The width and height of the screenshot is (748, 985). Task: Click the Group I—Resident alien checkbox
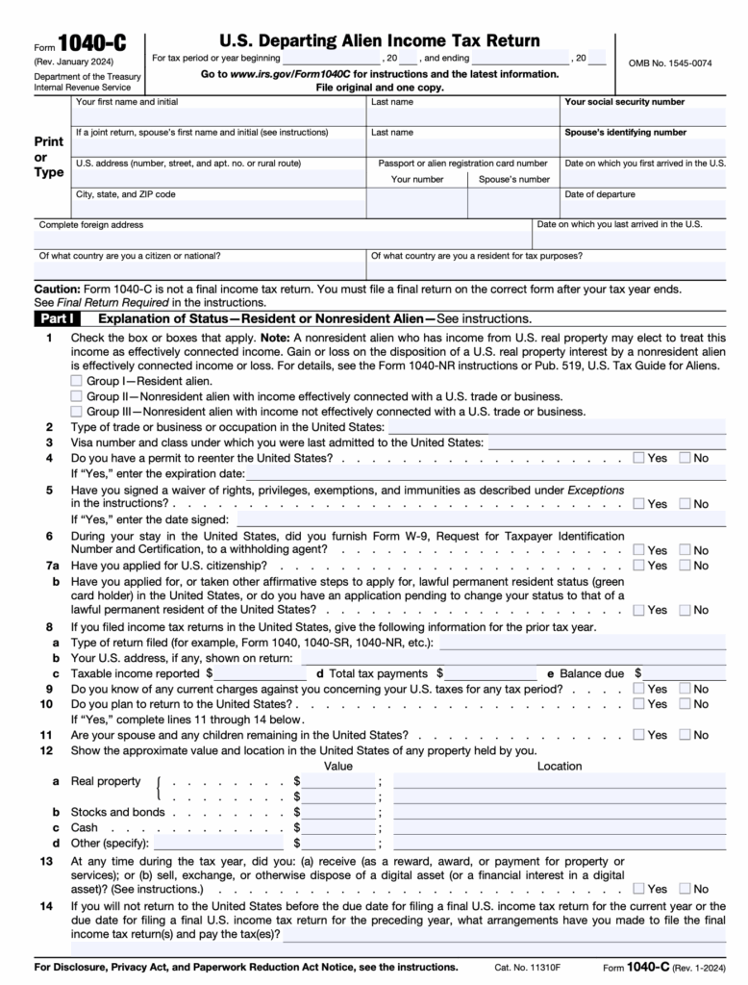pos(77,381)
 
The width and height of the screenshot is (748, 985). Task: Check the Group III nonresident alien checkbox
pos(77,411)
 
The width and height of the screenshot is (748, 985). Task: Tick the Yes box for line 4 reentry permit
pos(639,458)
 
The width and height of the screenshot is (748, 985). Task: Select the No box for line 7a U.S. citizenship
pos(685,566)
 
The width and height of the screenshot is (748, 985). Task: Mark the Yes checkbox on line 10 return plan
pos(639,704)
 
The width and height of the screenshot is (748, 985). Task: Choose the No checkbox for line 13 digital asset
pos(685,889)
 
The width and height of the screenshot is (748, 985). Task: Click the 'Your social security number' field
pos(643,117)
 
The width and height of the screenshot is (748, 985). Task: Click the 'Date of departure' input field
pos(643,210)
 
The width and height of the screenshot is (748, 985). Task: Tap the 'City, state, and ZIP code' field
pos(218,210)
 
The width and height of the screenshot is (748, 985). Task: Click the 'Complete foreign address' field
pos(283,240)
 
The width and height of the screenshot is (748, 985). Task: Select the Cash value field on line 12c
pos(339,828)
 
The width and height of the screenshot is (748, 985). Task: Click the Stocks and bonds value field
pos(339,813)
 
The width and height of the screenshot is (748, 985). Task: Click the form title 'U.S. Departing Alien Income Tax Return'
pos(380,40)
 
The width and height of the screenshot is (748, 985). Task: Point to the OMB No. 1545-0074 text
pos(670,63)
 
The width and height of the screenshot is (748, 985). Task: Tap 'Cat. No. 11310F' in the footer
pos(526,967)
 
